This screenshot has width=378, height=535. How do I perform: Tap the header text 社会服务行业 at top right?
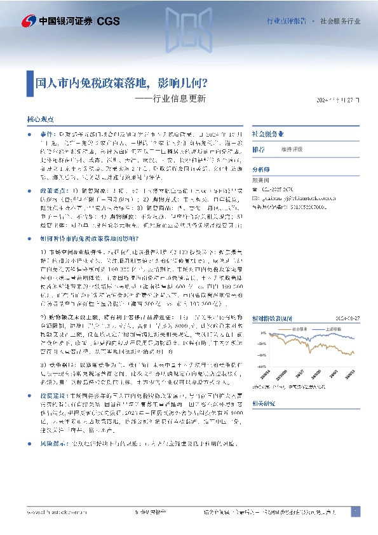(340, 21)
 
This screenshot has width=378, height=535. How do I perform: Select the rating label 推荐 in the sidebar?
(259, 149)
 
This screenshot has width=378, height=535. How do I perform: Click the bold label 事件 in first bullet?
(48, 135)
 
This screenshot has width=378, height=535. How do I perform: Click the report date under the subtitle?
(339, 100)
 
